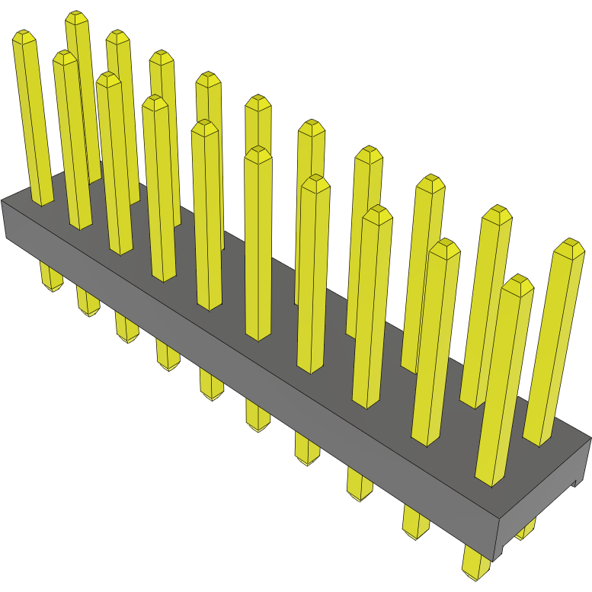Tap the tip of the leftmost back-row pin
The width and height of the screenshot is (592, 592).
75,17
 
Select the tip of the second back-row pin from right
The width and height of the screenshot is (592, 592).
499,212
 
